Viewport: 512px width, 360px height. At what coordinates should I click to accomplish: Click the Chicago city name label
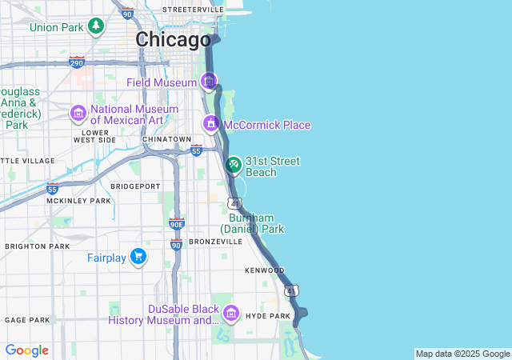[x=174, y=39]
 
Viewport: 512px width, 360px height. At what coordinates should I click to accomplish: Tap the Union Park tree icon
[x=97, y=26]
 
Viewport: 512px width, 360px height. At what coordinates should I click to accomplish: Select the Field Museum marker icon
[x=209, y=81]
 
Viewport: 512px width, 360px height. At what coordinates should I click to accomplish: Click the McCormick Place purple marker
[x=211, y=124]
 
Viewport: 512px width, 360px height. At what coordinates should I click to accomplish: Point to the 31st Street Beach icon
[x=234, y=166]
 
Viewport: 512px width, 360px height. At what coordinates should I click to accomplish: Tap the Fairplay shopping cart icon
[x=139, y=257]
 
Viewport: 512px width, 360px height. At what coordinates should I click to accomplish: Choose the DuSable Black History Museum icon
[x=231, y=313]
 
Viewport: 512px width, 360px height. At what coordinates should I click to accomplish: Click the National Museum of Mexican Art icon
[x=78, y=113]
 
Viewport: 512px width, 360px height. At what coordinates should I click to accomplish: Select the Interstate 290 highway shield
[x=78, y=62]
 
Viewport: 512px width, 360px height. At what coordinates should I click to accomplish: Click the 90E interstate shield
[x=177, y=224]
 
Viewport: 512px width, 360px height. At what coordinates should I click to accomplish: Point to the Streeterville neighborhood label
[x=193, y=9]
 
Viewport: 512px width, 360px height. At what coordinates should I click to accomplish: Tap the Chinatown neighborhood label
[x=166, y=139]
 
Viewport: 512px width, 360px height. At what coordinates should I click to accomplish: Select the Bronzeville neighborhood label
[x=215, y=241]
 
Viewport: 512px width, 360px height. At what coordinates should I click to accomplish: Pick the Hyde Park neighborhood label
[x=267, y=316]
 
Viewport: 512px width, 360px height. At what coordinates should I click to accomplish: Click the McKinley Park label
[x=78, y=201]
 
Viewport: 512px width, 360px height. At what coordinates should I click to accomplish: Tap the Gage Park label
[x=26, y=320]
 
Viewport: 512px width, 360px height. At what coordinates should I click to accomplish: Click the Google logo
[x=26, y=350]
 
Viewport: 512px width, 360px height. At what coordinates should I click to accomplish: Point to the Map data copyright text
[x=462, y=354]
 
